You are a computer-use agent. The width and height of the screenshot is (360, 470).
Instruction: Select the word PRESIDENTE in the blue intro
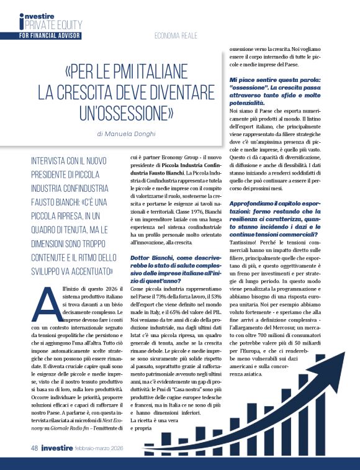pos(53,174)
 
